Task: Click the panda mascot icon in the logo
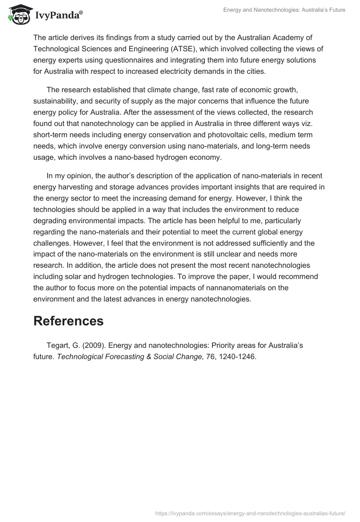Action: (x=18, y=14)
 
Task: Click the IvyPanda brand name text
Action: (x=58, y=16)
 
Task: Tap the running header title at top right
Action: (x=284, y=10)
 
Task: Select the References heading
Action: (x=68, y=321)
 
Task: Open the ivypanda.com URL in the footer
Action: (x=250, y=513)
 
